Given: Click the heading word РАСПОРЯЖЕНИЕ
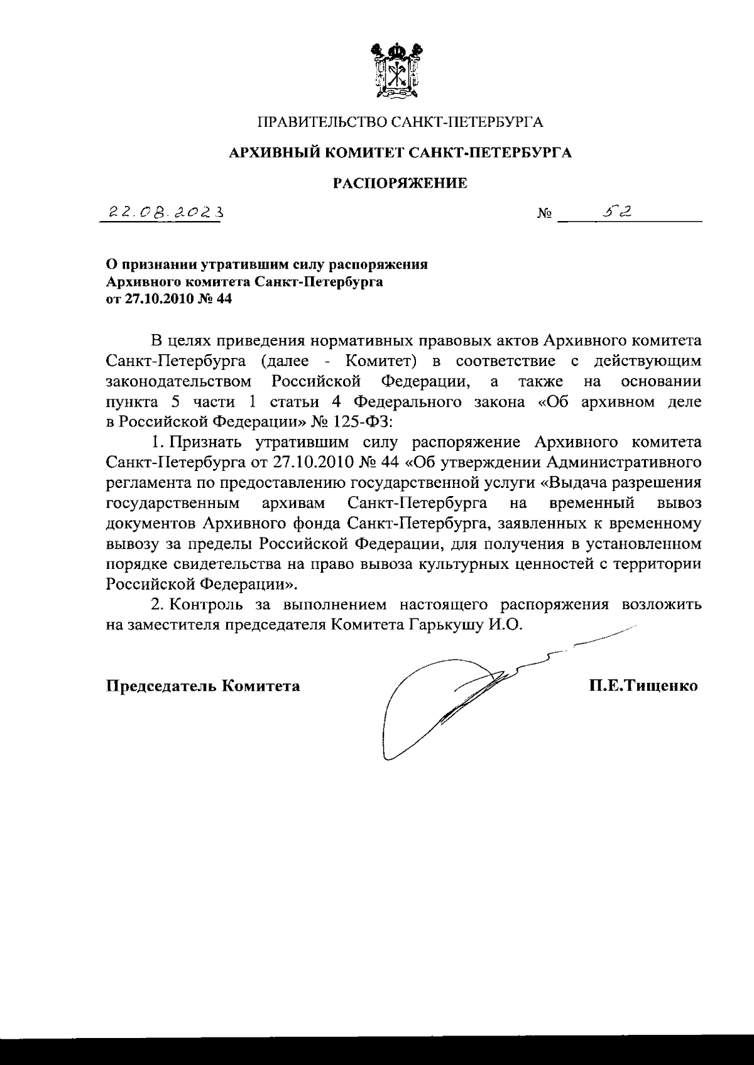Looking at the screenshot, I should coord(400,183).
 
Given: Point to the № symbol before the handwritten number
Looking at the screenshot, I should coord(544,215).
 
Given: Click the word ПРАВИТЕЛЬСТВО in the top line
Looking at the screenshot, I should coord(319,121).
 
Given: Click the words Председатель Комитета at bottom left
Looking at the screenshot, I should coord(202,686).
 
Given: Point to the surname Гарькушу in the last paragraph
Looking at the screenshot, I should coord(442,625).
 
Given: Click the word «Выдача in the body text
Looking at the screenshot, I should coord(577,483).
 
